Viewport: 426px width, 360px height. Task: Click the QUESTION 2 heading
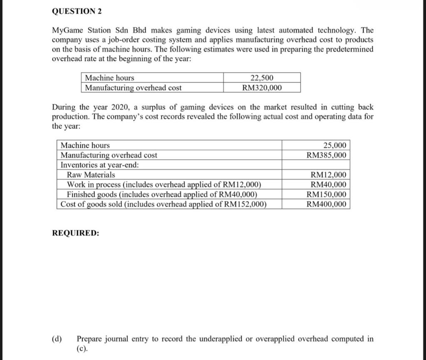click(77, 12)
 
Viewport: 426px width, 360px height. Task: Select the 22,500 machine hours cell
click(262, 78)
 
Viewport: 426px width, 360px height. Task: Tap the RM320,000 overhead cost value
click(262, 88)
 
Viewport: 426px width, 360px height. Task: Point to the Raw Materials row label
click(91, 175)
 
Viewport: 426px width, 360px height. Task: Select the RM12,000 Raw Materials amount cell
click(328, 175)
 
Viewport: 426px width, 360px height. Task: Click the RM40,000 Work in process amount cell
click(328, 185)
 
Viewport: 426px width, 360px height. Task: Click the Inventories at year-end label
click(100, 165)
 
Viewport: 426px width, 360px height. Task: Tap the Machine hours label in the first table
click(109, 78)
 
